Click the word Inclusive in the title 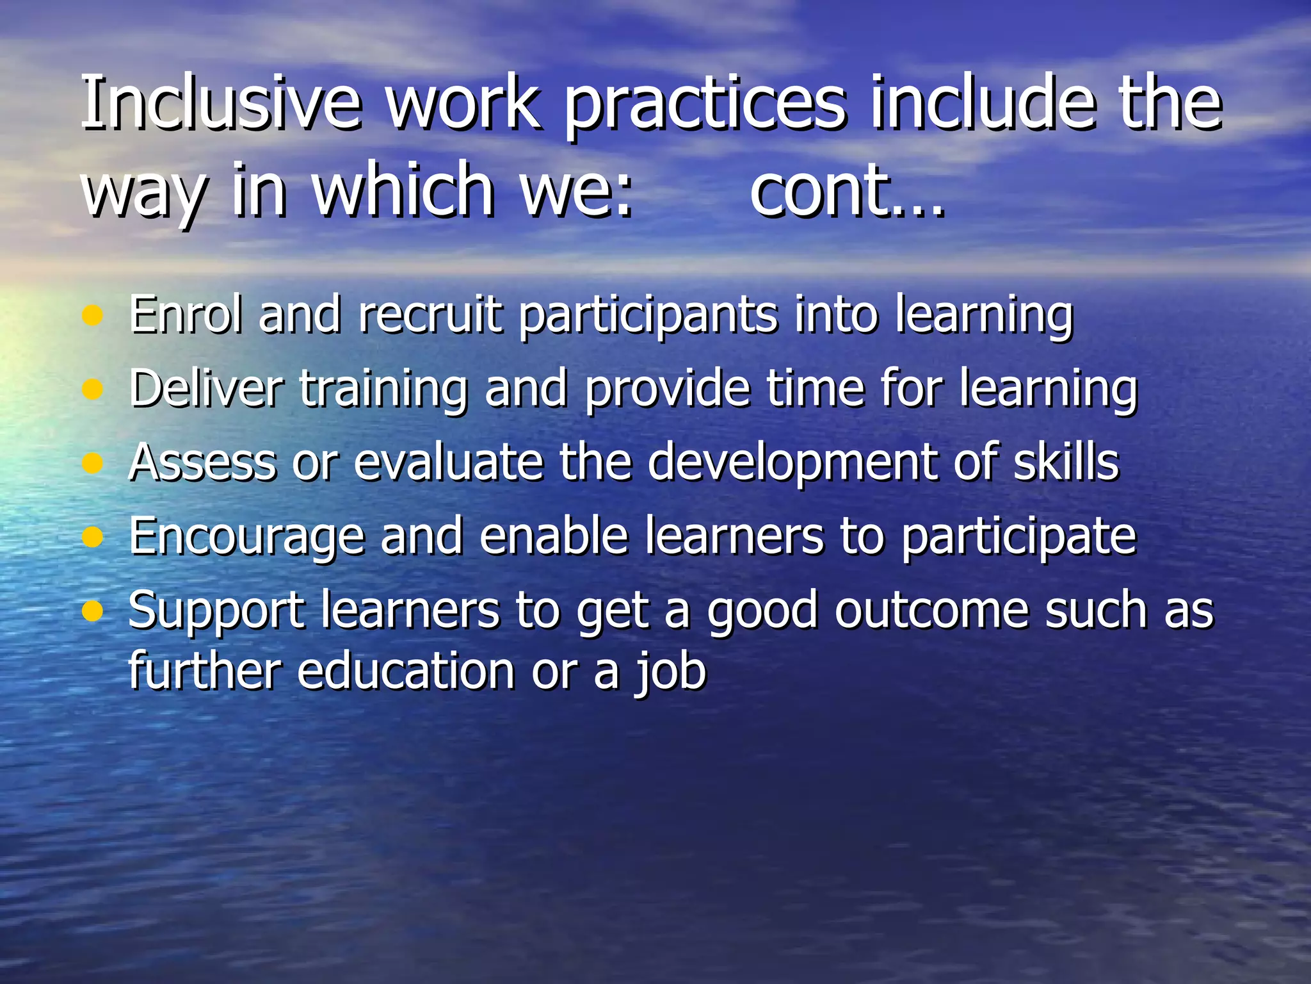[x=221, y=102]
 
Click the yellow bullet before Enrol [x=93, y=315]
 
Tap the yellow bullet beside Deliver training [x=93, y=389]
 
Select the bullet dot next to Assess [x=93, y=463]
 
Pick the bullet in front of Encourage [x=93, y=536]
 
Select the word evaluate [x=449, y=463]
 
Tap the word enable [x=554, y=536]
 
